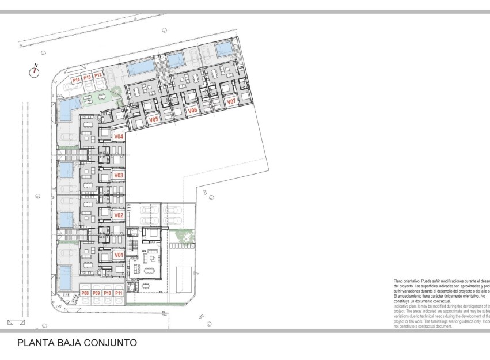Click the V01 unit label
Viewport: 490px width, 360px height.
coord(119,255)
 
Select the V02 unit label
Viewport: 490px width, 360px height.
coord(119,215)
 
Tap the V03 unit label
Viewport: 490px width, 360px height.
coord(119,175)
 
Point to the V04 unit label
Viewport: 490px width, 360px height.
coord(119,137)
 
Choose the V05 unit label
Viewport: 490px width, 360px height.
coord(153,120)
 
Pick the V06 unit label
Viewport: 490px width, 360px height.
coord(193,110)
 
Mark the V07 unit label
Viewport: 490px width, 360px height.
coord(231,101)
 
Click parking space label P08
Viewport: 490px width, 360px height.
coord(85,294)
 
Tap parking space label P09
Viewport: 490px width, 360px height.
coord(96,294)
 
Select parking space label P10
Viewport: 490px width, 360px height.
coord(108,294)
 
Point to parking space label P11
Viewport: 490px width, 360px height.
coord(119,294)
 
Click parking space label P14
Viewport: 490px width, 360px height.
coord(76,80)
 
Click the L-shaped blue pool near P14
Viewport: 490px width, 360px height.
coord(69,107)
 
